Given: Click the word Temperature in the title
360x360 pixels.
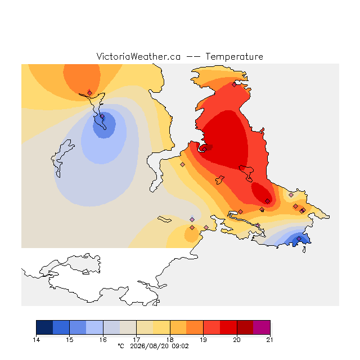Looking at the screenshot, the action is coord(234,57).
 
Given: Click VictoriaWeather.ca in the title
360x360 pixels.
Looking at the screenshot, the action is coord(138,56).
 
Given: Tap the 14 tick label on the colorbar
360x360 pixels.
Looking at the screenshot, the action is coord(36,340).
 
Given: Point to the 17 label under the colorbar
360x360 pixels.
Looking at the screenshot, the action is coord(136,340).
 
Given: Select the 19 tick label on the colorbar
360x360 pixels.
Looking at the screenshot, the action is coord(203,340).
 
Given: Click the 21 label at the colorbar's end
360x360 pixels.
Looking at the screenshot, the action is coord(270,340).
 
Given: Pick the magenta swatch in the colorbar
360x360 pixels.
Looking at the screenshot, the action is coord(262,327).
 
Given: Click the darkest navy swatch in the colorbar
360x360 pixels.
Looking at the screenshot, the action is coord(44,327).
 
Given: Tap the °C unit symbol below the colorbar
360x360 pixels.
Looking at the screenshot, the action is coord(121,346).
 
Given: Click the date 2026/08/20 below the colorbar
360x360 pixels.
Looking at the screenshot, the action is coord(150,346).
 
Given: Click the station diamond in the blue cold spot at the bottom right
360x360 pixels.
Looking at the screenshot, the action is coord(299,238).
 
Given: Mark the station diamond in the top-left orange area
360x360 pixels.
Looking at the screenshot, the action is coord(89,93).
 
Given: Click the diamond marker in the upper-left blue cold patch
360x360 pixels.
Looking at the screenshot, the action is coord(102,116).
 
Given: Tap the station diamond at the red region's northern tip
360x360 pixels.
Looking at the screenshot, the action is coord(234,85).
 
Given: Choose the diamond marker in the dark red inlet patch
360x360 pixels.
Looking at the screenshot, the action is coord(204,149).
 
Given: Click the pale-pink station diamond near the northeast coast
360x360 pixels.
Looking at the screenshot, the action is coord(291,195).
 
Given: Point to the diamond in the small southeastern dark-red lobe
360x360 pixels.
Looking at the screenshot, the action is coord(268,201).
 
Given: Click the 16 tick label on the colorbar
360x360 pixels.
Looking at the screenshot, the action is coord(103,340).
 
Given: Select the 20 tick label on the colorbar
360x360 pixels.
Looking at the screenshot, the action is coord(237,340).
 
